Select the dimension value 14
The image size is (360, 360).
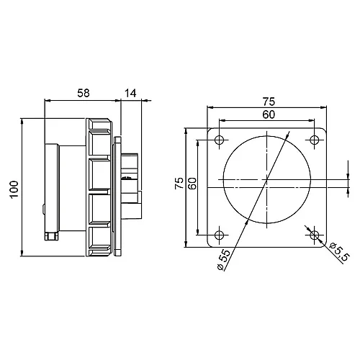point(130,93)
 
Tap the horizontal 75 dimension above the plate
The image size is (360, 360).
point(267,102)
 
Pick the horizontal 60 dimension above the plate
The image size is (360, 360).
point(267,114)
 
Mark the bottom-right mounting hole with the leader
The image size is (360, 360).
point(314,234)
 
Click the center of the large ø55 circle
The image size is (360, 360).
point(266,178)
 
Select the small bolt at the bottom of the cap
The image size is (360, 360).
point(50,235)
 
